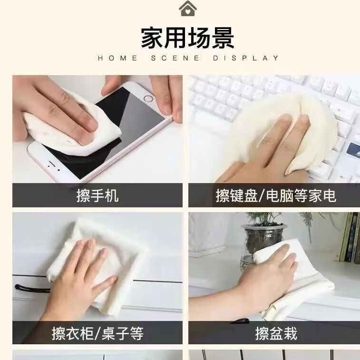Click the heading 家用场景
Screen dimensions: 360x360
(187, 38)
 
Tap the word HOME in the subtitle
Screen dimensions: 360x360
(117, 58)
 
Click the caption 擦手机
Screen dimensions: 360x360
(97, 195)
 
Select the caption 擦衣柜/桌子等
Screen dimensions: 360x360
(97, 333)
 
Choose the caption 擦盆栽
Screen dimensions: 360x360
(276, 333)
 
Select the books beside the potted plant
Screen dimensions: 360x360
(350, 238)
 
